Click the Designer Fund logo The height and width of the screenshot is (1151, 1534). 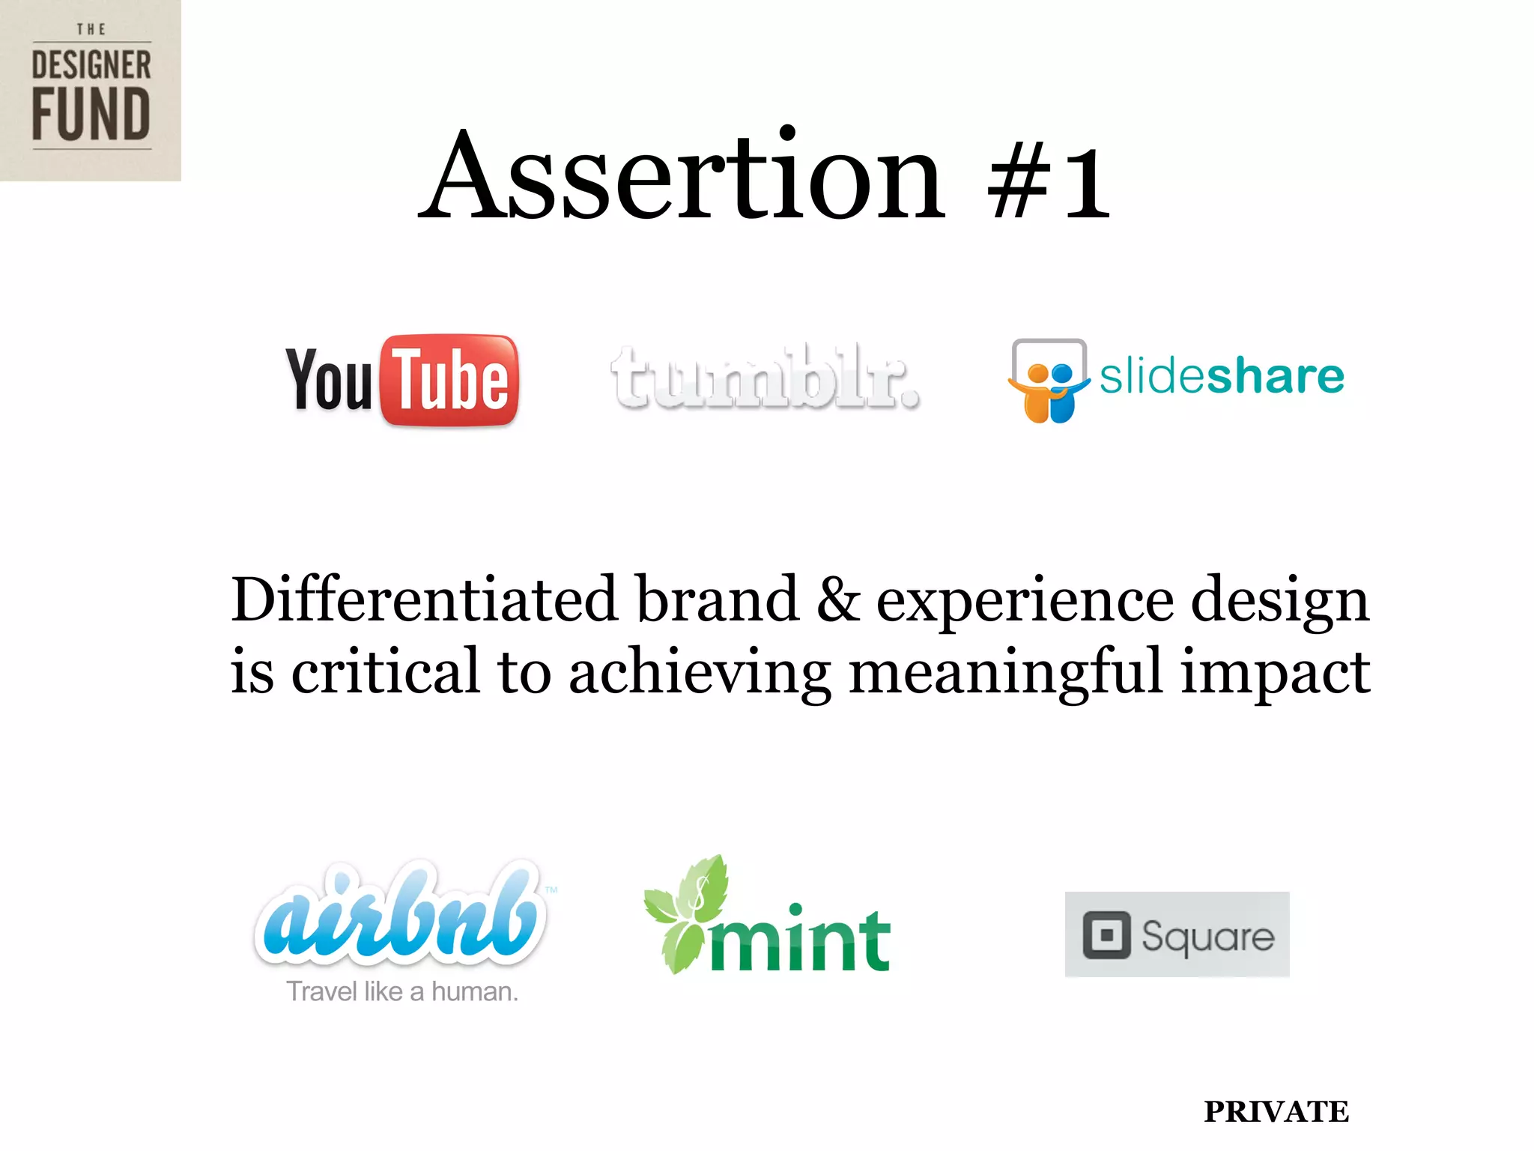point(91,91)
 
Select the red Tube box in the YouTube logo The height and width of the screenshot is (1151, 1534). point(450,381)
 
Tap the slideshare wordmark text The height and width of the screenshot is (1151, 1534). point(1222,376)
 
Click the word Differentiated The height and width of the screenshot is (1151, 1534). point(424,599)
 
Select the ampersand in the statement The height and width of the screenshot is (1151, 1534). point(838,599)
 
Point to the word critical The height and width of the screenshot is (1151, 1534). point(385,671)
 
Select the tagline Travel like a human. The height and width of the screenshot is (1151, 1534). point(402,992)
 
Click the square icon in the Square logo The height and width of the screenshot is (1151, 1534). point(1106,935)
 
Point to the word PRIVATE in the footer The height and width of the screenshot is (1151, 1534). point(1276,1111)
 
